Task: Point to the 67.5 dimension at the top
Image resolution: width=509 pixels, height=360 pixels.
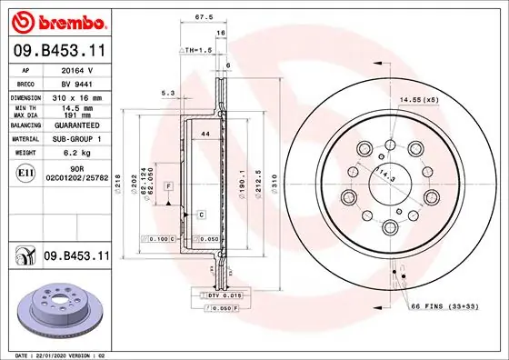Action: (x=204, y=15)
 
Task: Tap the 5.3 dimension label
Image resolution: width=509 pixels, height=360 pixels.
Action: (x=167, y=93)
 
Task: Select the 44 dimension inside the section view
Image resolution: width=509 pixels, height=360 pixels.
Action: (x=205, y=135)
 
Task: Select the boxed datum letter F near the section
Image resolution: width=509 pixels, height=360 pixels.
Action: (x=169, y=185)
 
